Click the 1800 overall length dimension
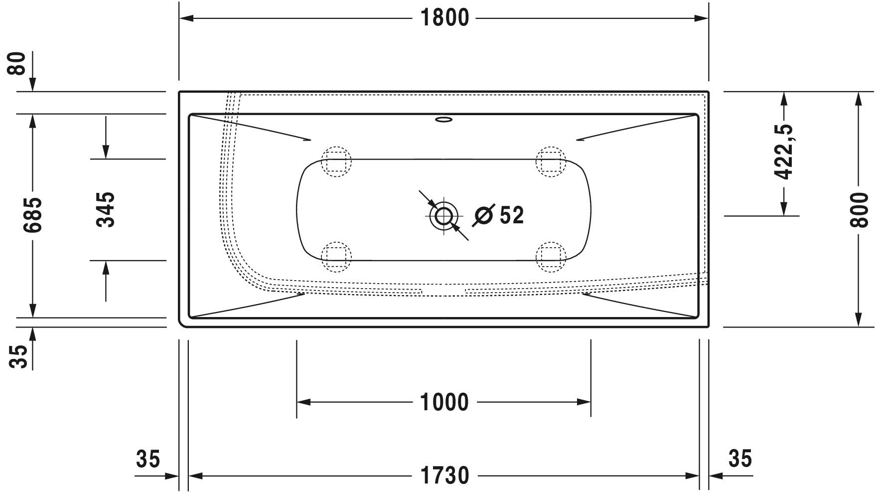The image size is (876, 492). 444,18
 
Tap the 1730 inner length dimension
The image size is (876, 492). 444,476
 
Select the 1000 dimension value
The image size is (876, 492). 444,402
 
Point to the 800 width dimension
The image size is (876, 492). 858,209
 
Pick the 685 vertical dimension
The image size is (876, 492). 33,215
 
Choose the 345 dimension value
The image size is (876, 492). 105,209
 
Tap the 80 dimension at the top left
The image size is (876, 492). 18,63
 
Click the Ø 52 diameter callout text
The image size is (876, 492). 499,215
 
